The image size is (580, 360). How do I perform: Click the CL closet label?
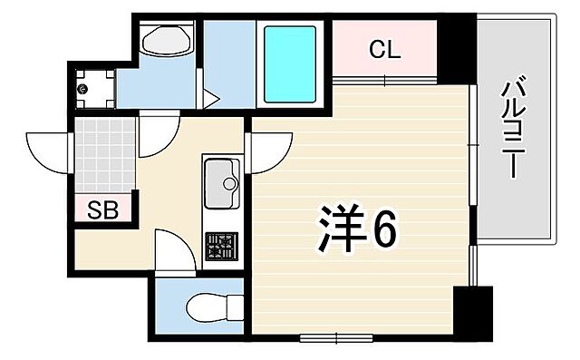click(384, 51)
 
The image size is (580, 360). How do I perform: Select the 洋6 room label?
click(357, 229)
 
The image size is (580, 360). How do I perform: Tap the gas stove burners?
click(220, 245)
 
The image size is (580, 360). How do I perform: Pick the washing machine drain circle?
click(83, 89)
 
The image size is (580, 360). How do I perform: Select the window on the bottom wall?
click(335, 338)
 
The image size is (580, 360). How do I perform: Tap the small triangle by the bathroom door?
click(207, 97)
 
